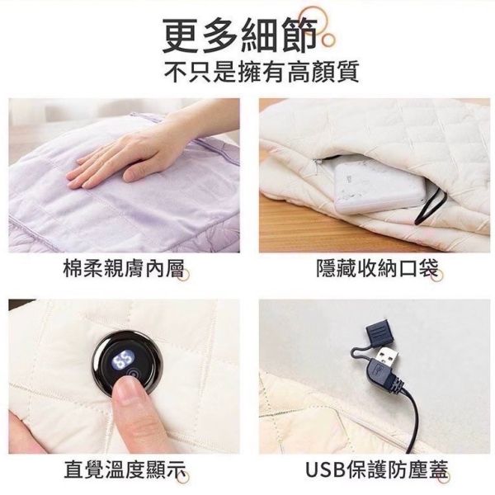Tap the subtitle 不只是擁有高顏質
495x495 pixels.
(x=247, y=73)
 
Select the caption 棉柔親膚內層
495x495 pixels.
(x=123, y=268)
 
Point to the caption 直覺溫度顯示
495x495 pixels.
(x=123, y=471)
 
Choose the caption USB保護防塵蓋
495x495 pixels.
(x=375, y=471)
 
